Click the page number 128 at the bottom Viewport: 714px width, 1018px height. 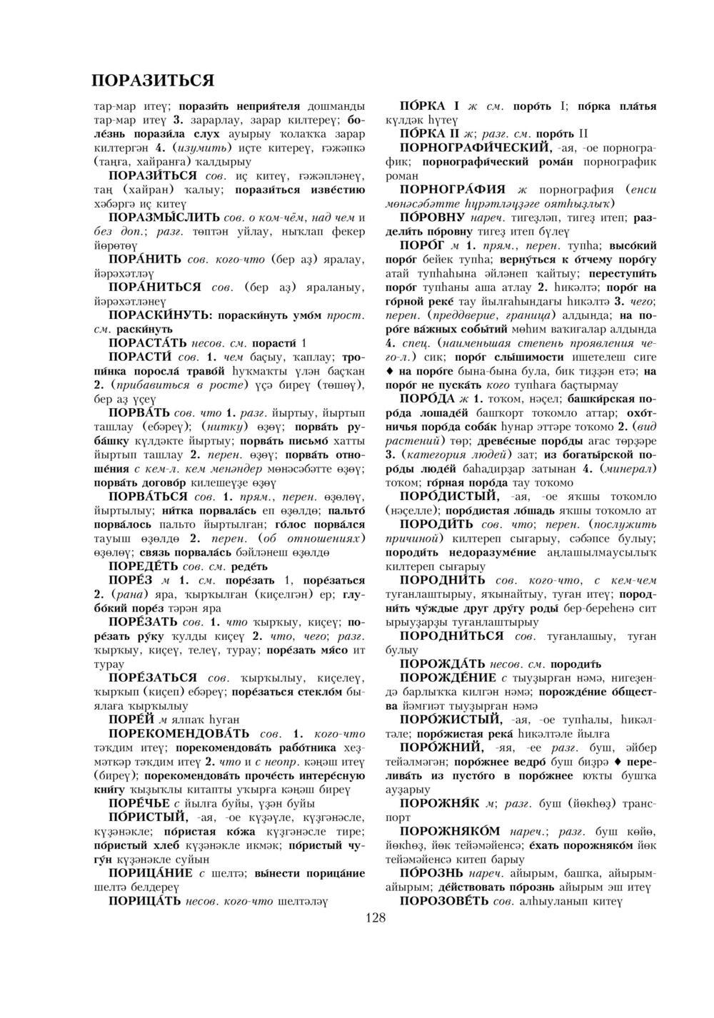[375, 917]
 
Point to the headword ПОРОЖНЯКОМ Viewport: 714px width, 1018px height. [450, 831]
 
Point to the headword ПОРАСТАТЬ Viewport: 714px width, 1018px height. [148, 342]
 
